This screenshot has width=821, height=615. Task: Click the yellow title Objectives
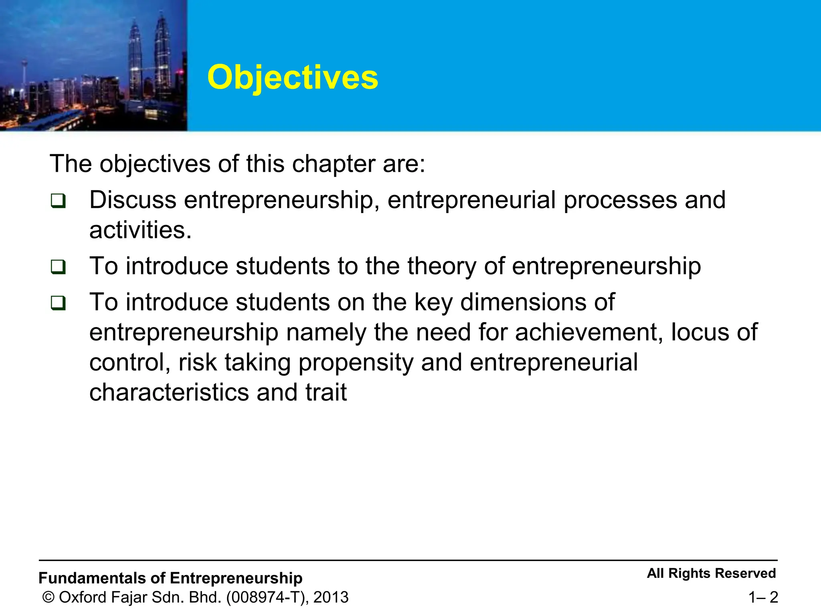[293, 77]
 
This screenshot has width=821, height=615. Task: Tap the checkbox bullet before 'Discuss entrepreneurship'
[58, 201]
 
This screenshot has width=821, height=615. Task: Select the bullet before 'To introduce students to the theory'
[58, 267]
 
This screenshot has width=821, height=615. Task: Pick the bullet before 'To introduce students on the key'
[58, 303]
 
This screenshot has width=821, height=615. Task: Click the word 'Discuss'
[133, 200]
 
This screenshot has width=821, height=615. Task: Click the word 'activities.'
[140, 230]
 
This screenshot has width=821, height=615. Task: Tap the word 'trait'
[326, 392]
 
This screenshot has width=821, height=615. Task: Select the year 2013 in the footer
[331, 597]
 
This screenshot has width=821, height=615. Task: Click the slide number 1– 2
[763, 597]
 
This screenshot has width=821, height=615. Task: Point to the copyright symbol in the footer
[49, 597]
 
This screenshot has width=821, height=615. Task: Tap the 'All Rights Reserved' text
[711, 573]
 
